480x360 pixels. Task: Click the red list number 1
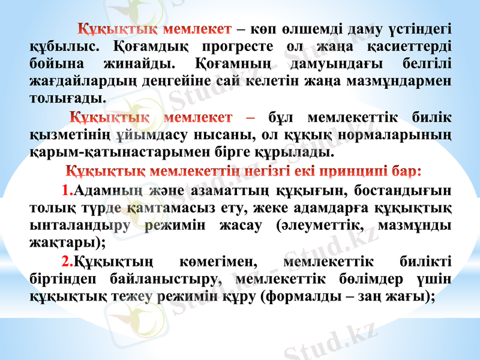(66, 191)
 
